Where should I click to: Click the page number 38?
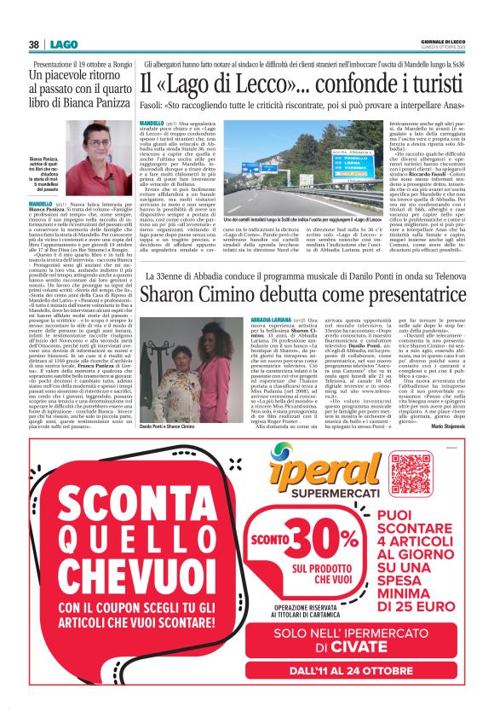click(x=33, y=44)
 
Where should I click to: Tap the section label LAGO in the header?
click(x=63, y=44)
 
